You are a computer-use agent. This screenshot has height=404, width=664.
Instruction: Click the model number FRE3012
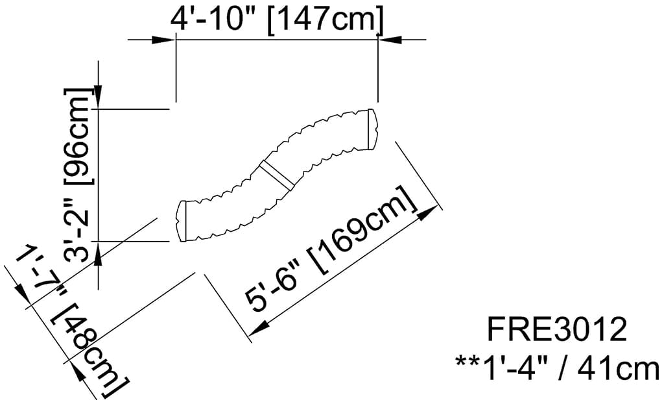558,331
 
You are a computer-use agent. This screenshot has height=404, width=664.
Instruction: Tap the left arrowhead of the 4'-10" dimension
165,40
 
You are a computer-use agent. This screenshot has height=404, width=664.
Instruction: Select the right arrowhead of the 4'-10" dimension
390,40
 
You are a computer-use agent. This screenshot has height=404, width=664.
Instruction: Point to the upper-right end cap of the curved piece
372,127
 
